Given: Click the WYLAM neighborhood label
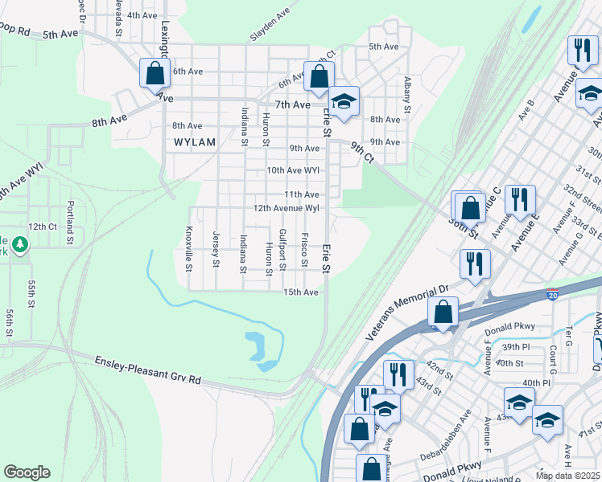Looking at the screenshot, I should click(195, 142).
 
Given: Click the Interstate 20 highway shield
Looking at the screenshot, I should click(551, 296).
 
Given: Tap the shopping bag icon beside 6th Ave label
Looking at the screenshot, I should click(154, 74).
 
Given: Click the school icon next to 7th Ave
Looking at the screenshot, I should click(344, 102).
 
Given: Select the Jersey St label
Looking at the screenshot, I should click(216, 249).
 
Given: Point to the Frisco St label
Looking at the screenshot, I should click(304, 250).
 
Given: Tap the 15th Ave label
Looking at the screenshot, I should click(301, 292).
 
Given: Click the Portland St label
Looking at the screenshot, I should click(71, 223).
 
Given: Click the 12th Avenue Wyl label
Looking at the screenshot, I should click(287, 208).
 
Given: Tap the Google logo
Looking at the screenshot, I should click(27, 472).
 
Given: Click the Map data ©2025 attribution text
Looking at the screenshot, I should click(567, 476).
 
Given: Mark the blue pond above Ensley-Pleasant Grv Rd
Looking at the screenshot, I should click(261, 352).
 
